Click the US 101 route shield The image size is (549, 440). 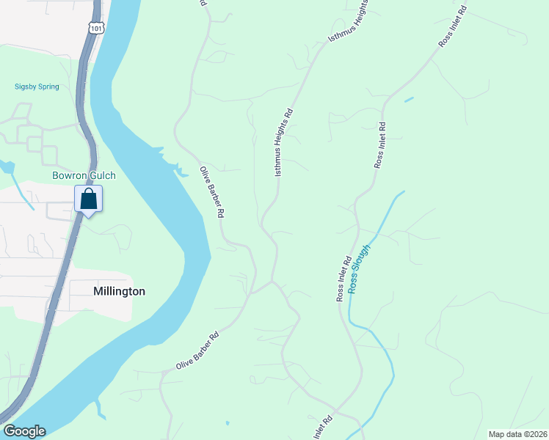pyautogui.click(x=95, y=27)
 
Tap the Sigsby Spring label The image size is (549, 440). pyautogui.click(x=37, y=87)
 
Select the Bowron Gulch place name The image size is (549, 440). pyautogui.click(x=84, y=176)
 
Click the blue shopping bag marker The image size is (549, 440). pyautogui.click(x=88, y=199)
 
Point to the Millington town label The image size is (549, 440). pyautogui.click(x=119, y=291)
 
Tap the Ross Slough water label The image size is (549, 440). pyautogui.click(x=360, y=268)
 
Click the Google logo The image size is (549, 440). pyautogui.click(x=24, y=431)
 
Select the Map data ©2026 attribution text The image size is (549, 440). pyautogui.click(x=517, y=434)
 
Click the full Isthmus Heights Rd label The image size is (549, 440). pyautogui.click(x=283, y=142)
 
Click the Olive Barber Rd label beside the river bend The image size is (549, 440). pyautogui.click(x=211, y=192)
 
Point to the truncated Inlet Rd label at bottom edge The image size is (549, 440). pyautogui.click(x=323, y=428)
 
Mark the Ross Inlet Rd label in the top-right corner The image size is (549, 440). pyautogui.click(x=453, y=27)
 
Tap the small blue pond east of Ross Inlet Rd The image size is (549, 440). pyautogui.click(x=408, y=99)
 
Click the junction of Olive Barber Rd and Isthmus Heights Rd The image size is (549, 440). pyautogui.click(x=272, y=281)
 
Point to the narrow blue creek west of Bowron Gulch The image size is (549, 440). pyautogui.click(x=9, y=170)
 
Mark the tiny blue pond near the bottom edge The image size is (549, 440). pyautogui.click(x=227, y=423)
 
